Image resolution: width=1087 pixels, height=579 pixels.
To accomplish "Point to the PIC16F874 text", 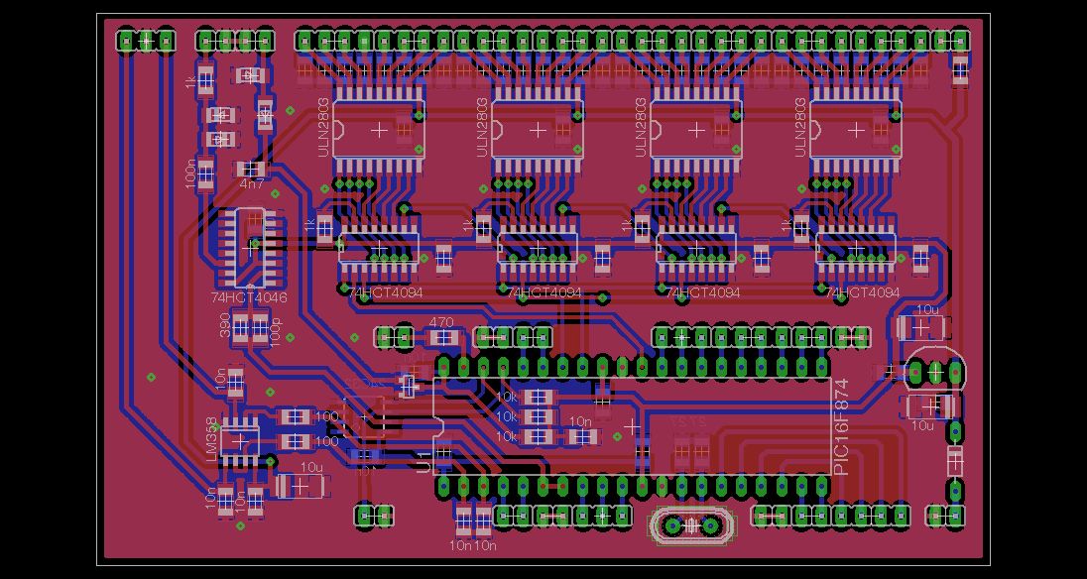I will tap(842, 426).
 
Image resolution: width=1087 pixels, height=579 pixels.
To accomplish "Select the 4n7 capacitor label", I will tap(252, 183).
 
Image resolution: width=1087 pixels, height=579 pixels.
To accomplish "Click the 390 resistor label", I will tap(225, 326).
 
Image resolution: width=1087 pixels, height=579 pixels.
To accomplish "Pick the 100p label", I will tap(275, 330).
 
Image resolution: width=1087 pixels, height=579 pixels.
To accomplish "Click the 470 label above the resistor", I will tap(440, 322).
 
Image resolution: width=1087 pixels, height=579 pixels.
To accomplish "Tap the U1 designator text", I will tap(424, 462).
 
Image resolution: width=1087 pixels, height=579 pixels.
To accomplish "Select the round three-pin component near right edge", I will tap(935, 372).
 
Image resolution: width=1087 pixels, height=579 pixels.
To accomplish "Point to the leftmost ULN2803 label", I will tap(322, 127).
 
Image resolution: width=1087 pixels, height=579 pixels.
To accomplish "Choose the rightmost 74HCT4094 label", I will tap(863, 293).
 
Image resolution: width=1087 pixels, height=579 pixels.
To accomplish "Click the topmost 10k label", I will tap(507, 397).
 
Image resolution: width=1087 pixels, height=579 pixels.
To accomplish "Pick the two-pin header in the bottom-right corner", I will tap(946, 515).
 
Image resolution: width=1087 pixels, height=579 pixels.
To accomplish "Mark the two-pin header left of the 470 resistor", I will tap(394, 337).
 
